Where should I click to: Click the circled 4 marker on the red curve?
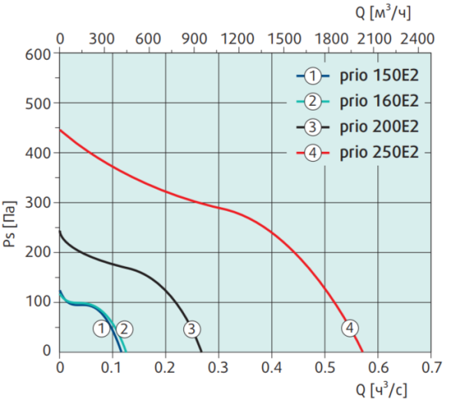pos(350,329)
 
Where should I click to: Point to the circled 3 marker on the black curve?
pos(192,329)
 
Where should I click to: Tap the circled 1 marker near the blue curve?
pos(101,329)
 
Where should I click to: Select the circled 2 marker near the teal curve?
pos(124,329)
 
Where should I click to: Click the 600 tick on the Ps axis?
pos(38,54)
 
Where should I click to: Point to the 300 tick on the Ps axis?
pos(38,202)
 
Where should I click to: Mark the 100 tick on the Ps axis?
pos(38,302)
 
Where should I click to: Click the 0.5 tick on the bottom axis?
pos(325,367)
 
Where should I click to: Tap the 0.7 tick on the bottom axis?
pos(431,367)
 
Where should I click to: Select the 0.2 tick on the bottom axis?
pos(166,367)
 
